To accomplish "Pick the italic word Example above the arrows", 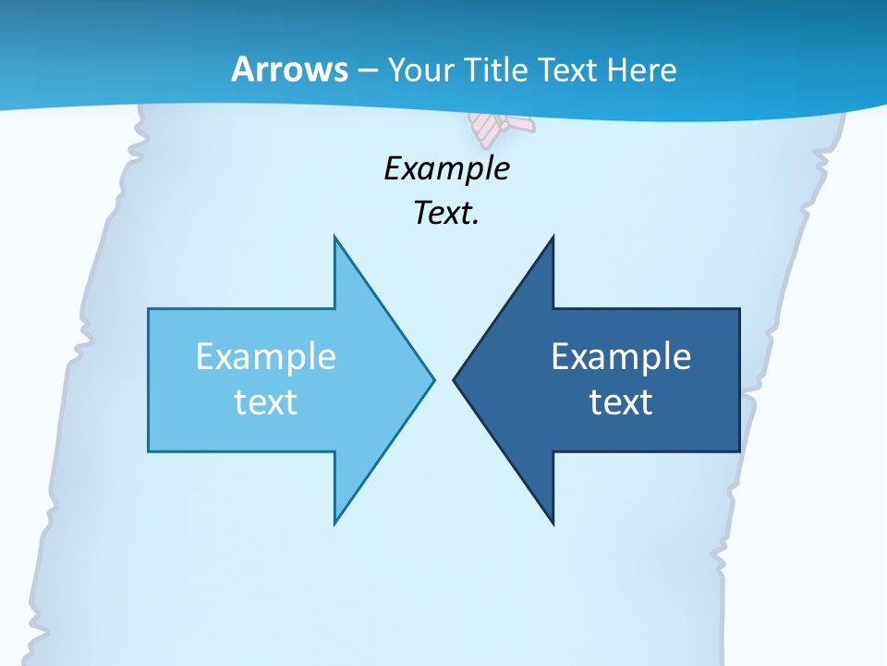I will [x=446, y=168].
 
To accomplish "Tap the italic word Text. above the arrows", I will [x=444, y=214].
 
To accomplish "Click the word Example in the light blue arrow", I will [x=266, y=356].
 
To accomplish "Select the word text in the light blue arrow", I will [x=266, y=402].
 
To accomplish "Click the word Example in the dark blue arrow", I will [x=621, y=356].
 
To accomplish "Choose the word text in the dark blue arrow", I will [x=621, y=402].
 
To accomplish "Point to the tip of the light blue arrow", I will [x=433, y=379].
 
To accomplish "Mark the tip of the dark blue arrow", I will [x=454, y=379].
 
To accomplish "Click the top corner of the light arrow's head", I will [x=334, y=237].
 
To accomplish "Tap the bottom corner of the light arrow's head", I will [x=334, y=524].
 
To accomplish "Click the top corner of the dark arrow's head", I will [x=553, y=237].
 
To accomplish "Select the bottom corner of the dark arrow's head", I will [x=553, y=524].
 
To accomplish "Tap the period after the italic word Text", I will [x=476, y=223].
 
